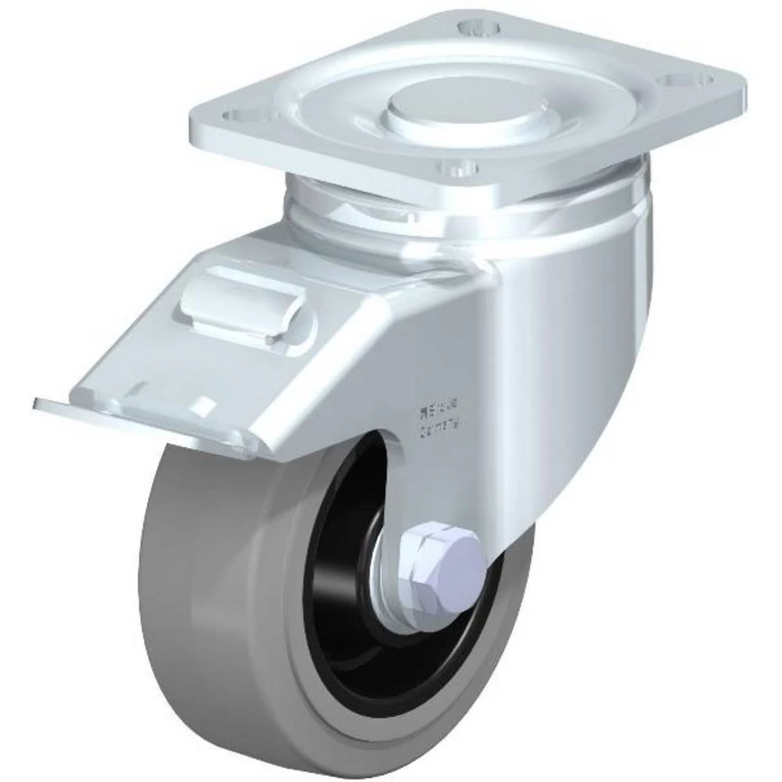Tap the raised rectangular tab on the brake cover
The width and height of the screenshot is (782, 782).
239,305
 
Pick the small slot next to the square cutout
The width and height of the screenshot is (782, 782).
137,386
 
